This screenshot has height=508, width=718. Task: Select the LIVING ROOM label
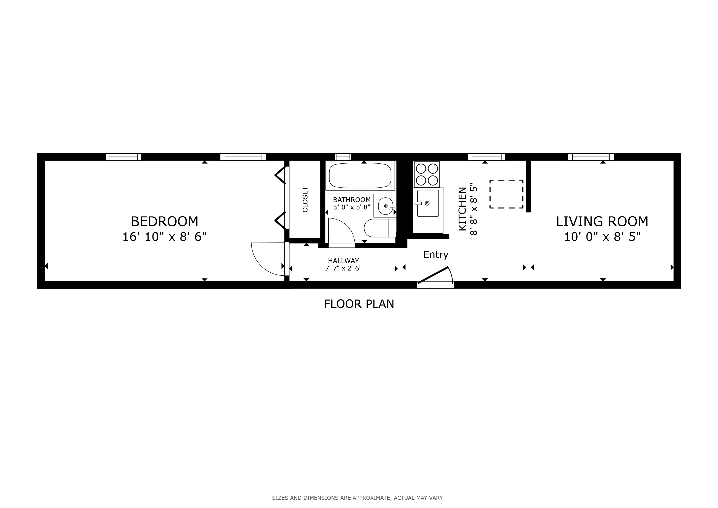pos(602,222)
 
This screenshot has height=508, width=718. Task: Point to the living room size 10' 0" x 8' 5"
pos(602,237)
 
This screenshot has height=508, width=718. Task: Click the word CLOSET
pos(305,200)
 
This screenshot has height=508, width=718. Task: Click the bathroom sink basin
pos(385,206)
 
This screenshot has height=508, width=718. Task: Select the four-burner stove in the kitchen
pos(427,174)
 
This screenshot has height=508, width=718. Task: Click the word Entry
pos(436,255)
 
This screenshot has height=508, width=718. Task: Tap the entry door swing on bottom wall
pos(435,277)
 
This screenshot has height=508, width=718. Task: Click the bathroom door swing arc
pos(341,231)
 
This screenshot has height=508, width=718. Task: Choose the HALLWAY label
pos(343,261)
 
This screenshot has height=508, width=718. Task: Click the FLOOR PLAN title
pos(359,304)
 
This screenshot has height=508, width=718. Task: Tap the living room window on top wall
pos(591,157)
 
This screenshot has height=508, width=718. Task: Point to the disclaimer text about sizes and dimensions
pos(358,498)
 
